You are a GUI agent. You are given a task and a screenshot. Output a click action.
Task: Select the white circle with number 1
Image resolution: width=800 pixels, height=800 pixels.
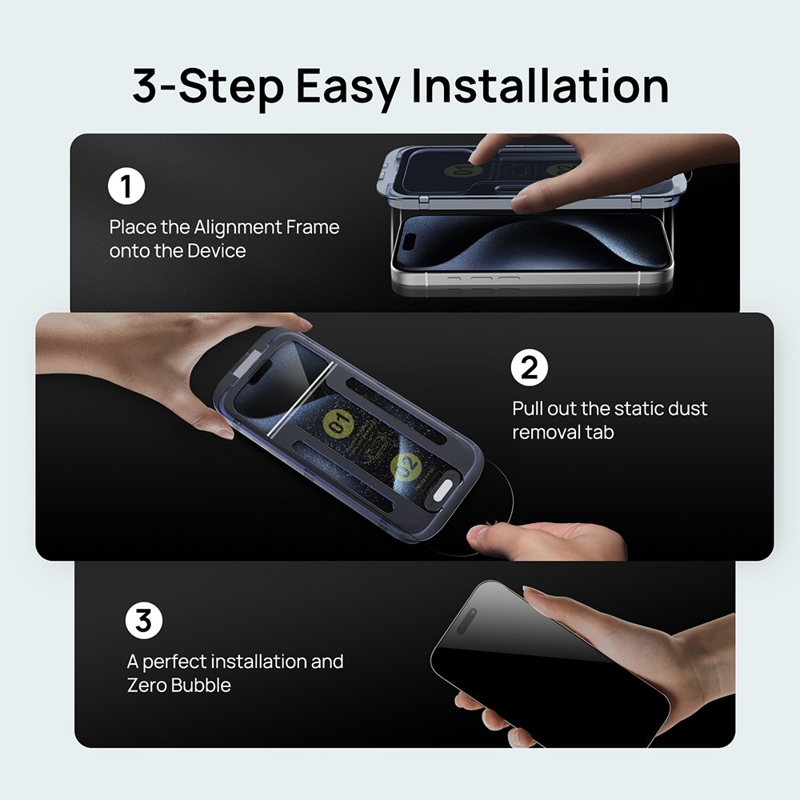click(126, 186)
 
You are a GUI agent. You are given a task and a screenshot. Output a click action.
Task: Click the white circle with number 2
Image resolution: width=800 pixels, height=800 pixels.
click(529, 368)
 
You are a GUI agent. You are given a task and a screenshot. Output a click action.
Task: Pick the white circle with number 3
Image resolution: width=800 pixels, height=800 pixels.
click(144, 622)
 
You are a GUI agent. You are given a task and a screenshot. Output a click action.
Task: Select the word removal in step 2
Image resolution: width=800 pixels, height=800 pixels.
click(545, 433)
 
